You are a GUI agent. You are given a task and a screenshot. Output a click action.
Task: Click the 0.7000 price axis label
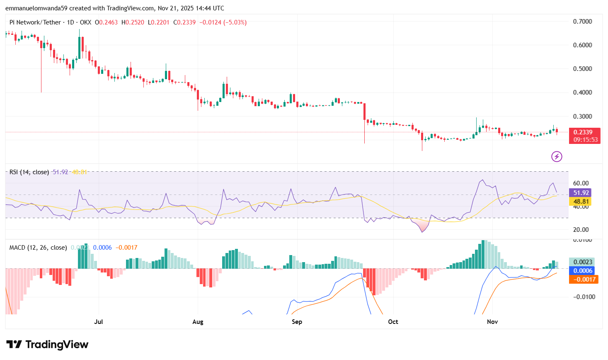[x=582, y=22]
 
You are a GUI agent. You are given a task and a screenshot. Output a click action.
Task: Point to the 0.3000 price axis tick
[x=582, y=117]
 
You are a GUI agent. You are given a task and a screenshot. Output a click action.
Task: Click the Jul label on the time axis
[x=99, y=322]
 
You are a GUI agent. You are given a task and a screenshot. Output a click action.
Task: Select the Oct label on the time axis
[x=393, y=322]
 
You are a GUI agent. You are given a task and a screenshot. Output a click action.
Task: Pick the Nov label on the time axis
[x=492, y=322]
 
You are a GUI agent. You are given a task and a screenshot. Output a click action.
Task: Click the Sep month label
[x=297, y=322]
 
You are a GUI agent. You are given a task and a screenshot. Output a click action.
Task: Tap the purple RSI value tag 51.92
[x=581, y=193]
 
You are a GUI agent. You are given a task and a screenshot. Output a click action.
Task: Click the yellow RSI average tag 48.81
[x=581, y=202]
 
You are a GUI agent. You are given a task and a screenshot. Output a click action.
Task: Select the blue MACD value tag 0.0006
[x=583, y=271]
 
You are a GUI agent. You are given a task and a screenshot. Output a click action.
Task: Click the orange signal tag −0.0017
[x=583, y=280]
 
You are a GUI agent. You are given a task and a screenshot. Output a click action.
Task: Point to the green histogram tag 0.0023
[x=583, y=262]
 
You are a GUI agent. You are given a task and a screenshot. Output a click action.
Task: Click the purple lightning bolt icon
[x=557, y=156]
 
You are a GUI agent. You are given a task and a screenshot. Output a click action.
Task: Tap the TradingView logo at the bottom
[x=47, y=345]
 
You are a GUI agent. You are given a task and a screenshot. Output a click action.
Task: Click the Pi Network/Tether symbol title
[x=35, y=22]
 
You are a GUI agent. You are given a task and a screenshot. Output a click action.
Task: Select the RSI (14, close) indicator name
[x=29, y=172]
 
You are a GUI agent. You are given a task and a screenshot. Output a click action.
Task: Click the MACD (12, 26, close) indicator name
[x=38, y=248]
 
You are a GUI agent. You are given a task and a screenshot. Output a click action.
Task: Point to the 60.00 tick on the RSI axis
[x=581, y=183]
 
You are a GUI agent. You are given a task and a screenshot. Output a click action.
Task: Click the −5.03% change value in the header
[x=235, y=22]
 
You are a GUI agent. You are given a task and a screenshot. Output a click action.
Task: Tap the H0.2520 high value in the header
[x=133, y=22]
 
